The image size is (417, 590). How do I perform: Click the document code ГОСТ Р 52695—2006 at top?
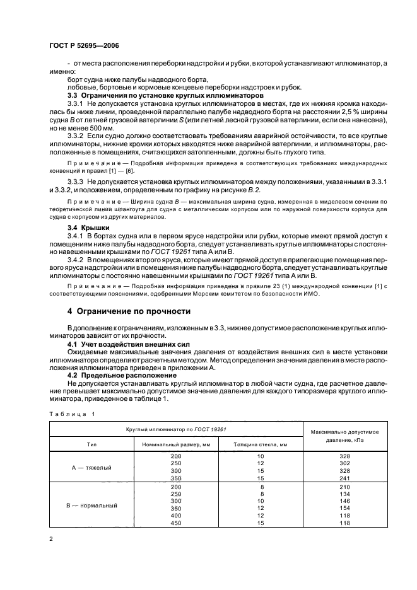click(x=81, y=46)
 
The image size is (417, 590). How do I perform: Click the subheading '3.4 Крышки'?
click(x=88, y=226)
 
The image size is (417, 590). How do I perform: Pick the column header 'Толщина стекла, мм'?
click(x=259, y=444)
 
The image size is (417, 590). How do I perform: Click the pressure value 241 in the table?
click(x=344, y=478)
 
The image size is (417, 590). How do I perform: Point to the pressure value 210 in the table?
click(x=344, y=487)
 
